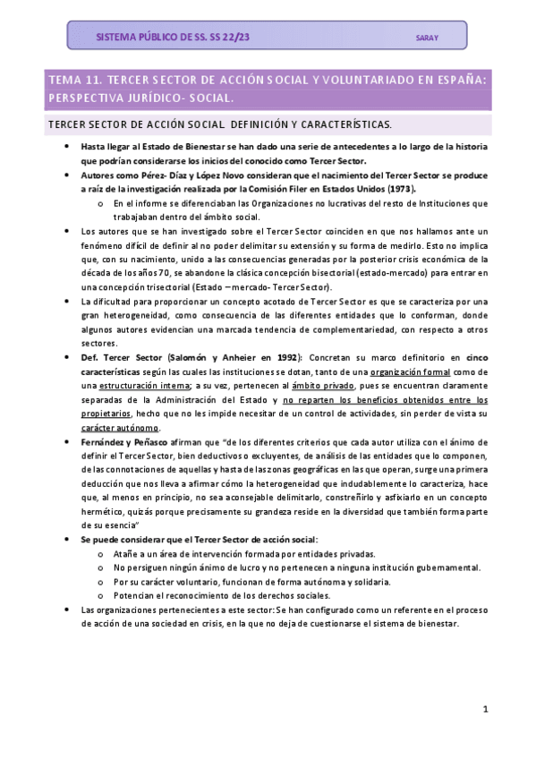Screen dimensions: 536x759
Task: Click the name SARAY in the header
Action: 428,38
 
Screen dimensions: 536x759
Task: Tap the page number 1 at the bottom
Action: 484,710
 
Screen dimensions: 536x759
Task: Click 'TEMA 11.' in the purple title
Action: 76,80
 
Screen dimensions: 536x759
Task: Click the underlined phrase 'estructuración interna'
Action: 127,386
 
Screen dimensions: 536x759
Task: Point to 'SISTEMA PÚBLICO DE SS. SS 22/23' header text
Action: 173,38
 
